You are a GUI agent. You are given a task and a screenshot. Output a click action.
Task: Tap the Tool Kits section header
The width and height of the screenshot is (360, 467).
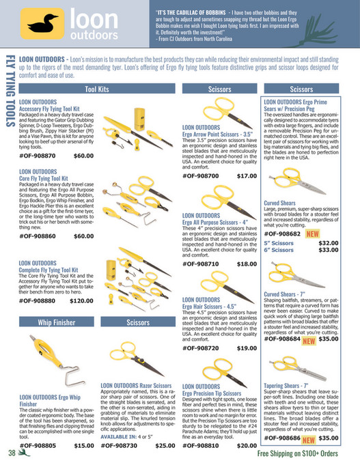click(97, 89)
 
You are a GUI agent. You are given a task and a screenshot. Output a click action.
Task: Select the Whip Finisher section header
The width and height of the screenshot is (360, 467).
click(56, 322)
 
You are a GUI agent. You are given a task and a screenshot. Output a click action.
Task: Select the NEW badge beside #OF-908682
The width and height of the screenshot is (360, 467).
click(313, 233)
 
